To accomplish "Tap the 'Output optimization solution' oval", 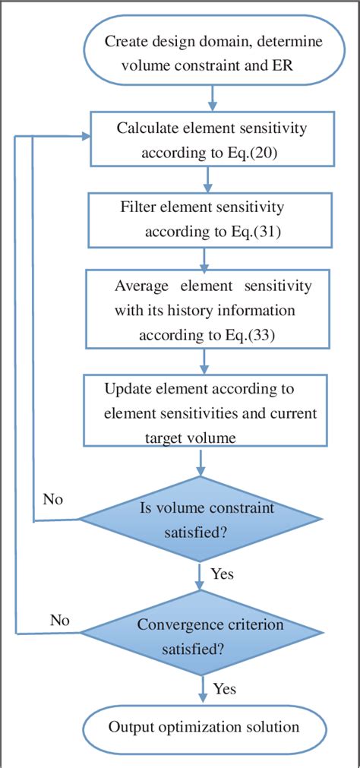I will click(x=204, y=727).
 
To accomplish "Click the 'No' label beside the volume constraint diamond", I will click(x=52, y=500).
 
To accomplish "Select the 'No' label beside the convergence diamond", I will click(x=60, y=620).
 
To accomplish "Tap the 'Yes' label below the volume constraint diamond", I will click(x=222, y=574).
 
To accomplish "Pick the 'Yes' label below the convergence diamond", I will click(x=225, y=689).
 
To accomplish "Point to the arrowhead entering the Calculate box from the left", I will click(x=84, y=137).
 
